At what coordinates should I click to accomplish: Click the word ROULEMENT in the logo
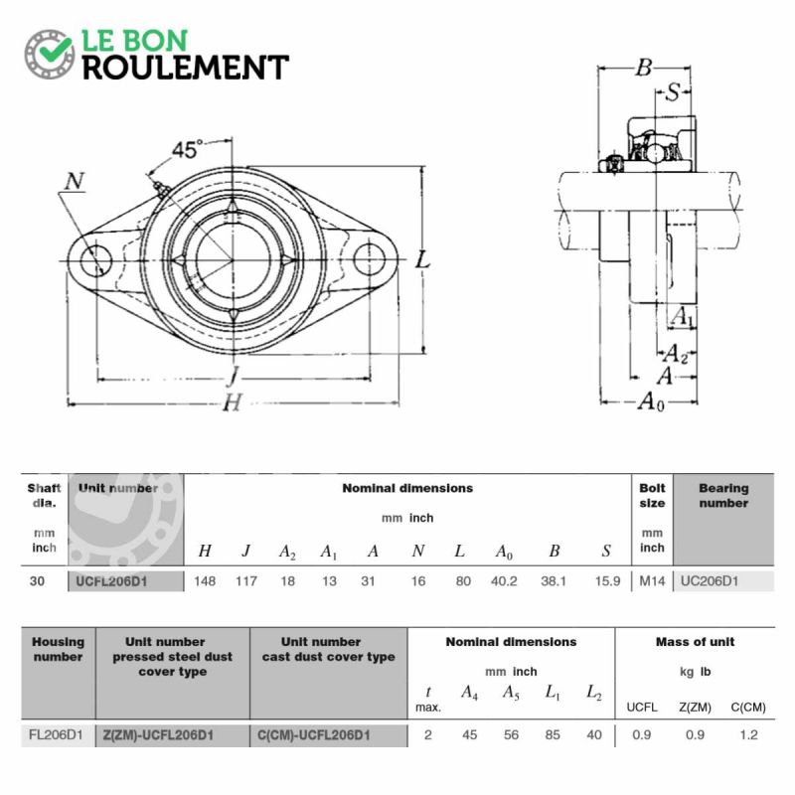[186, 68]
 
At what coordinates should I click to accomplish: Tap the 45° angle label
[187, 150]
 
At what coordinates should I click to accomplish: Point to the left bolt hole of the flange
[95, 260]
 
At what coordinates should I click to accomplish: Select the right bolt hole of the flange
[370, 259]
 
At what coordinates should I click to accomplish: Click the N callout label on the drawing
[74, 181]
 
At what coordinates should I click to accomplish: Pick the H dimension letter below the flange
[233, 402]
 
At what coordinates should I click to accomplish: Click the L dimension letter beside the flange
[422, 260]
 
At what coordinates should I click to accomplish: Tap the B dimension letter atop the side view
[643, 68]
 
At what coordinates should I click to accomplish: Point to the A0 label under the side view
[651, 401]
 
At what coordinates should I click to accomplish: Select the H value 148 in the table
[205, 581]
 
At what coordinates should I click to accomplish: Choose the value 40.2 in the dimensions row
[504, 581]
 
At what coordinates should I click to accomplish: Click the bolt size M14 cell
[652, 581]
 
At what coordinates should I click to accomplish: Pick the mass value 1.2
[748, 734]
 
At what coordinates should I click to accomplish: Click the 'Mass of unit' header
[695, 642]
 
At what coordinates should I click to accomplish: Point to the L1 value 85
[553, 734]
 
